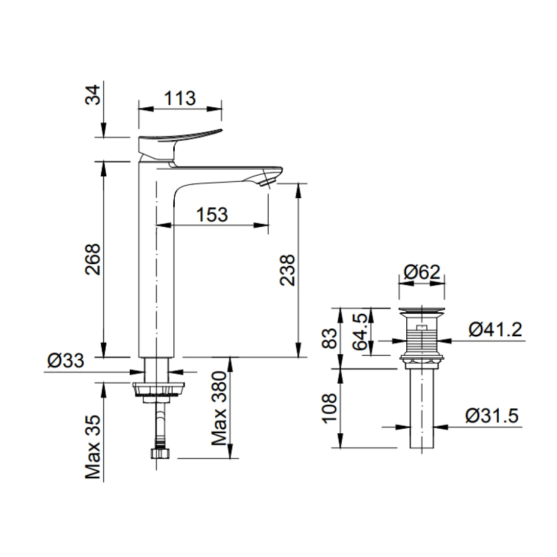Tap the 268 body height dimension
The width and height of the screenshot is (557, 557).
(93, 259)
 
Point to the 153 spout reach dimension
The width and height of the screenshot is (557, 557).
(212, 215)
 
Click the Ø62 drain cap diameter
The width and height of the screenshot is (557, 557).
(421, 272)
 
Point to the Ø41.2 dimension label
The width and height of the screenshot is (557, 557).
(495, 331)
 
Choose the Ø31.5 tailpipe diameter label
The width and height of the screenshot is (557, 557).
(492, 416)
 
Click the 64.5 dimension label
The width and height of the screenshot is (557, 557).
(360, 332)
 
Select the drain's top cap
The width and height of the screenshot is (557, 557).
(422, 310)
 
